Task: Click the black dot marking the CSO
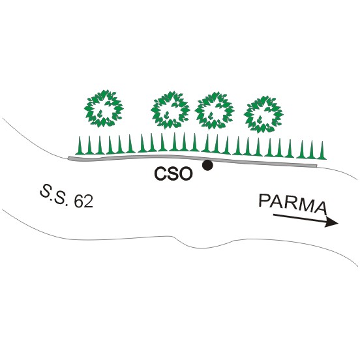tap(207, 165)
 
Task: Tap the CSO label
tap(173, 173)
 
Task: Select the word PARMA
tap(292, 204)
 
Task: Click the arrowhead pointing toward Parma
tap(331, 222)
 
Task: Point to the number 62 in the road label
tap(83, 202)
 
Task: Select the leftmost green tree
tap(104, 108)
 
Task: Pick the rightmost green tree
tap(263, 114)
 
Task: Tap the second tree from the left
tap(170, 110)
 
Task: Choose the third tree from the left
tap(215, 111)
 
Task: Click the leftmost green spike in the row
tap(80, 145)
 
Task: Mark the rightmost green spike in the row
tap(322, 150)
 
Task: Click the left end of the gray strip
tap(68, 158)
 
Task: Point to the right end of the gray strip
tap(316, 166)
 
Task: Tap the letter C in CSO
tap(160, 173)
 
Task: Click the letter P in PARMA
tap(265, 200)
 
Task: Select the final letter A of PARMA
tap(320, 207)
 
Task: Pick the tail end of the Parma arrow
tap(273, 215)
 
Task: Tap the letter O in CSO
tap(185, 174)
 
